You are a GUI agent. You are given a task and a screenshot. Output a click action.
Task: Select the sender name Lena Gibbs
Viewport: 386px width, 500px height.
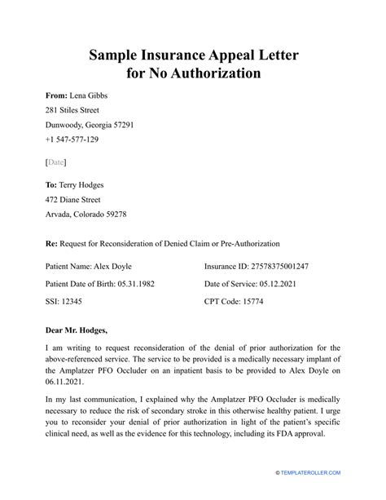pos(88,95)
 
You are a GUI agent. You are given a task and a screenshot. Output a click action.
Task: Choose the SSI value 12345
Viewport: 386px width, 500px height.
pos(74,300)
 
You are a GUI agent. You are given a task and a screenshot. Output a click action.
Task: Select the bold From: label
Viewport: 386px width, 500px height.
pos(56,95)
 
